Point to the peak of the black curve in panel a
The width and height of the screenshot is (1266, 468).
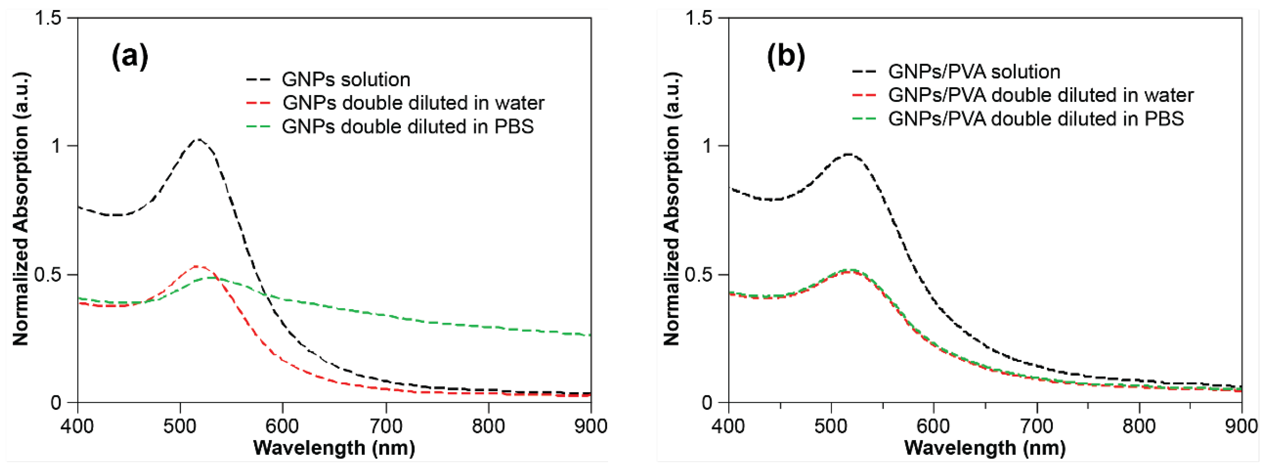coord(199,139)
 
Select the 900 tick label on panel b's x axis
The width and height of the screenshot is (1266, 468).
coord(1241,426)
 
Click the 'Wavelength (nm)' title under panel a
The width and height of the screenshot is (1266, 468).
coord(334,448)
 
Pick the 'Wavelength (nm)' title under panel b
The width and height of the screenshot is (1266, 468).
coord(985,448)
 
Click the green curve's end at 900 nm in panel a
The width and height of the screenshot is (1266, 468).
coord(590,335)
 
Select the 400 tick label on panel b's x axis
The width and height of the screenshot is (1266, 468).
coord(728,426)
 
